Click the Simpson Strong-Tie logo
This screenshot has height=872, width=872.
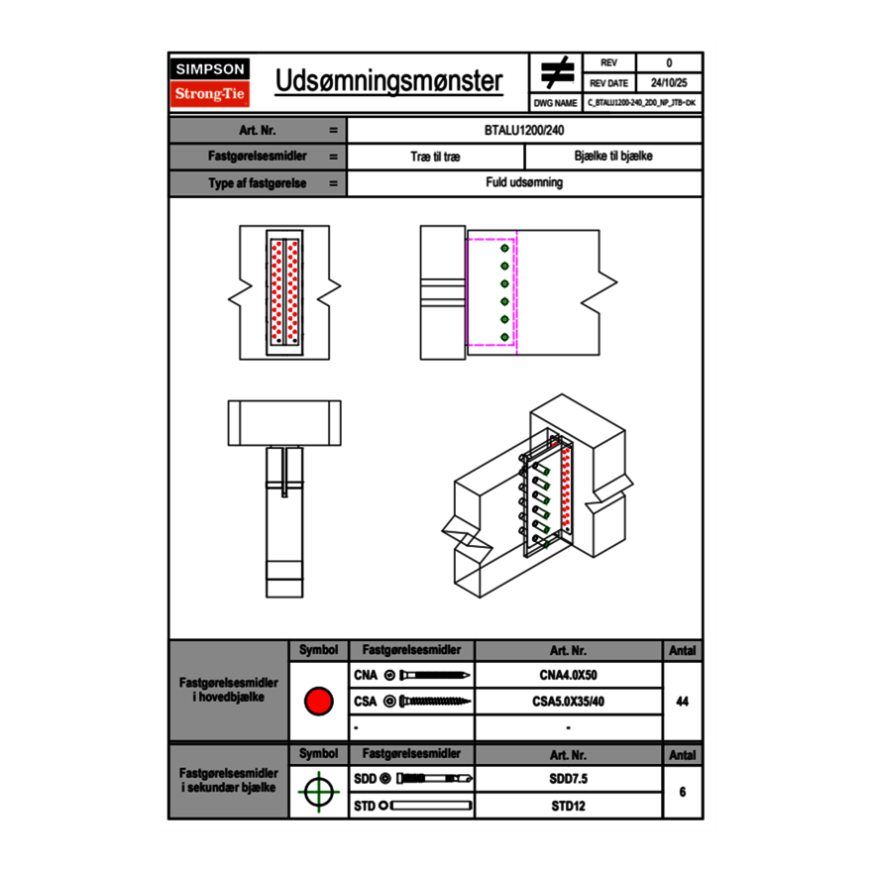click(210, 82)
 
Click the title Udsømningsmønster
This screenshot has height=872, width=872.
click(388, 81)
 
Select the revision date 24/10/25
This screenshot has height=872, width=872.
click(668, 82)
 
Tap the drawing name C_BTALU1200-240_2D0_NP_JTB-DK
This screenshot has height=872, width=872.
click(641, 102)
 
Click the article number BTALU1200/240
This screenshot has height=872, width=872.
click(524, 130)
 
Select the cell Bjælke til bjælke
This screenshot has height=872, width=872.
click(612, 157)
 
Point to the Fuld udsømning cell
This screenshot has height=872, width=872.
click(524, 183)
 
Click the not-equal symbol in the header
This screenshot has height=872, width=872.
click(557, 72)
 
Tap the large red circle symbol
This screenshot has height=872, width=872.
click(318, 702)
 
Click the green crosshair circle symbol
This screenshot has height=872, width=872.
click(318, 792)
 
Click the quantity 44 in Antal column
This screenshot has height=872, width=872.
click(682, 702)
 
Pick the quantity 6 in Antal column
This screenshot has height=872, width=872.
click(682, 792)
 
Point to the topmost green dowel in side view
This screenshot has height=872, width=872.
click(504, 249)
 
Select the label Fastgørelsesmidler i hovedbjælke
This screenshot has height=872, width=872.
click(229, 690)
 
